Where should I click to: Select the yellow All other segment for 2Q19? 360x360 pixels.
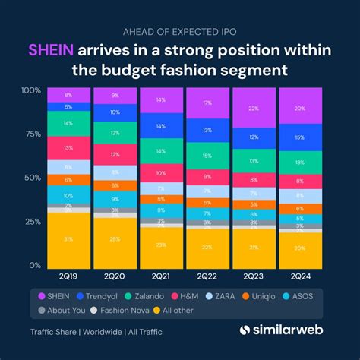(x=68, y=239)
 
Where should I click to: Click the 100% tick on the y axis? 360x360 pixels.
(x=30, y=90)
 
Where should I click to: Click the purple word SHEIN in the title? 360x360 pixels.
(x=50, y=50)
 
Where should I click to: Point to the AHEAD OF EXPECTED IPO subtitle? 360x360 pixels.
(x=180, y=31)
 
